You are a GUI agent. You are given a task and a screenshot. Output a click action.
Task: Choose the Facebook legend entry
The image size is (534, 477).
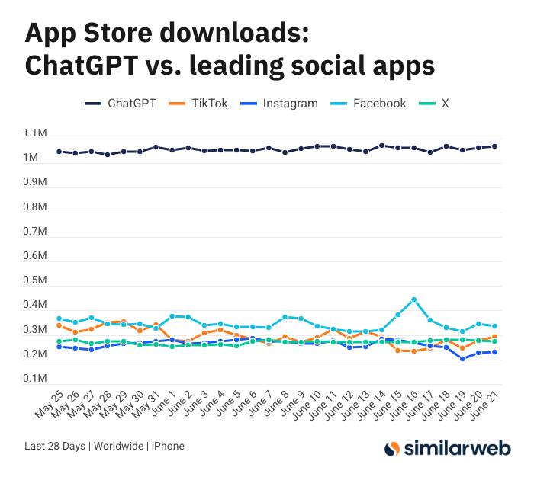(x=379, y=104)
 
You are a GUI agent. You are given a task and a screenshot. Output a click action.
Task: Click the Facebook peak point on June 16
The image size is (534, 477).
(x=414, y=299)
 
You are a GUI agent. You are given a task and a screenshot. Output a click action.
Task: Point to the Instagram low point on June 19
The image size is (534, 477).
(x=462, y=359)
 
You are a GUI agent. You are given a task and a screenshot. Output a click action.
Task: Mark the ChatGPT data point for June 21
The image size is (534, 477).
(x=494, y=146)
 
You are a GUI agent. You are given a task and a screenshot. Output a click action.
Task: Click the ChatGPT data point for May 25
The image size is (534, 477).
(x=59, y=152)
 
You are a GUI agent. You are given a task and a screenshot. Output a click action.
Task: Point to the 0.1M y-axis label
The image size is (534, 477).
(x=36, y=379)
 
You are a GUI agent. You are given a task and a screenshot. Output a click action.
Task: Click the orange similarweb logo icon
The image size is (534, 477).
(x=392, y=449)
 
